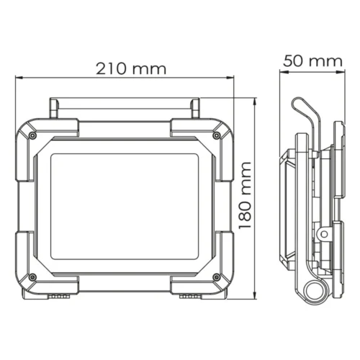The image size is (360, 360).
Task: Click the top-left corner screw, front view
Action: coord(32,135)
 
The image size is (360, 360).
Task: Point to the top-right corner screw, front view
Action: coord(217,135)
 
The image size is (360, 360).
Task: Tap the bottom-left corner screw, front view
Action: coord(32,277)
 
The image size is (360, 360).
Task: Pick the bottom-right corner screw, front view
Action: coord(217,277)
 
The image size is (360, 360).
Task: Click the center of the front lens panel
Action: coord(125,207)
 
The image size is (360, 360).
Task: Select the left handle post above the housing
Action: coord(54,107)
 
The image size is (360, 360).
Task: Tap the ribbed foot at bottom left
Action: coord(58,295)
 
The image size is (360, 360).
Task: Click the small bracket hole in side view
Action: coord(321,234)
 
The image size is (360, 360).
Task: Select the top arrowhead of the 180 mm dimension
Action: coord(256,102)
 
